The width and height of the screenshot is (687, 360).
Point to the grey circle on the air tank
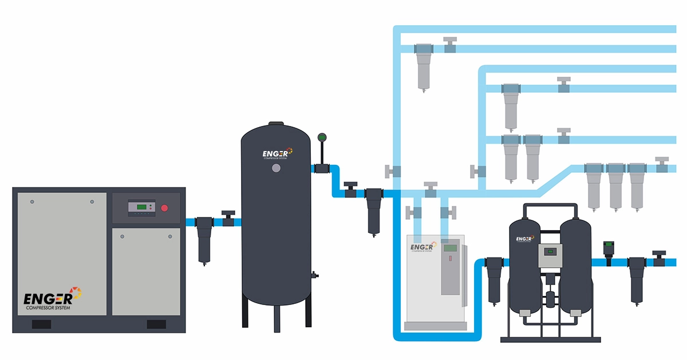point(276,168)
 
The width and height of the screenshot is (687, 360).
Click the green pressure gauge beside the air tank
point(321,137)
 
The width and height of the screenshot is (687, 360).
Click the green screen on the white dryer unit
point(451,248)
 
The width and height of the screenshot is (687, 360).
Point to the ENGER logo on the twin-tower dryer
point(525,239)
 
